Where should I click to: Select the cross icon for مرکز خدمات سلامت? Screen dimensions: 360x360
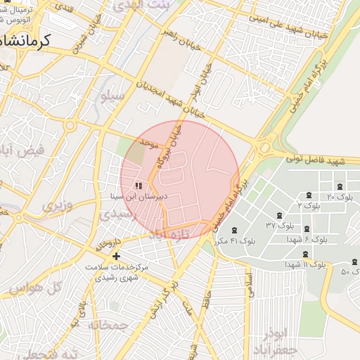click(x=117, y=256)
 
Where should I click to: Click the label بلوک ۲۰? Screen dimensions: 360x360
click(x=340, y=198)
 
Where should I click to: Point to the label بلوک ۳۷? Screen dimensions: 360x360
click(x=279, y=226)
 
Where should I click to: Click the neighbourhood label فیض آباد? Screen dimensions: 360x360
click(x=22, y=150)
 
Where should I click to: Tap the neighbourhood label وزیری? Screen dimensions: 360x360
click(x=56, y=206)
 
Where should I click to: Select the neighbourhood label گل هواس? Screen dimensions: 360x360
click(x=37, y=287)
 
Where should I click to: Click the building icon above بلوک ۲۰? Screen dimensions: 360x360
click(x=340, y=186)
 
